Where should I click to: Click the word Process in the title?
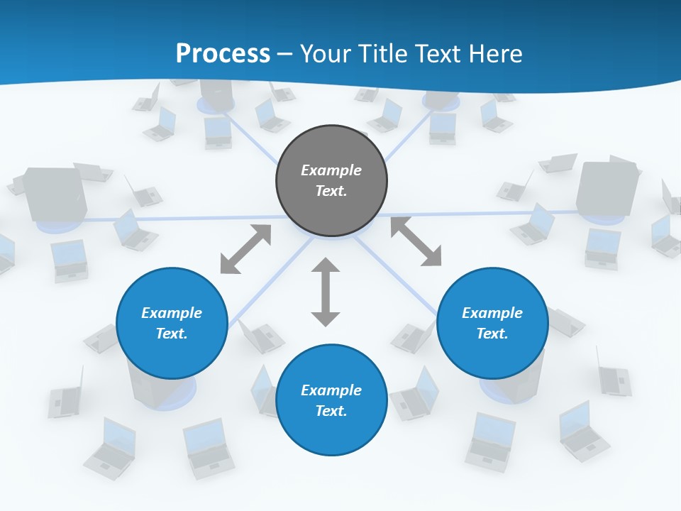point(223,54)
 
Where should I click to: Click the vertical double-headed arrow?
point(326,292)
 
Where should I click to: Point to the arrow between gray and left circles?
point(245,249)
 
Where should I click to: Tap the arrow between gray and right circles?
point(416,242)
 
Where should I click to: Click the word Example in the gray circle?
point(331,170)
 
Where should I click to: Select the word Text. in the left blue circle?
point(172,334)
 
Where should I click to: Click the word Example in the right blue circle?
point(492,313)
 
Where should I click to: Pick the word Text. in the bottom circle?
point(331,411)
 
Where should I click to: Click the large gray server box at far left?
point(54,194)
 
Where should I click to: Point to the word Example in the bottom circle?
point(331,390)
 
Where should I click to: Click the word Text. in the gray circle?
point(331,191)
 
